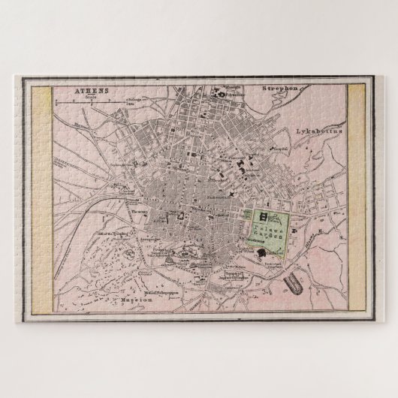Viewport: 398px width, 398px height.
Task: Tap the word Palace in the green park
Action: pos(269,225)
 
